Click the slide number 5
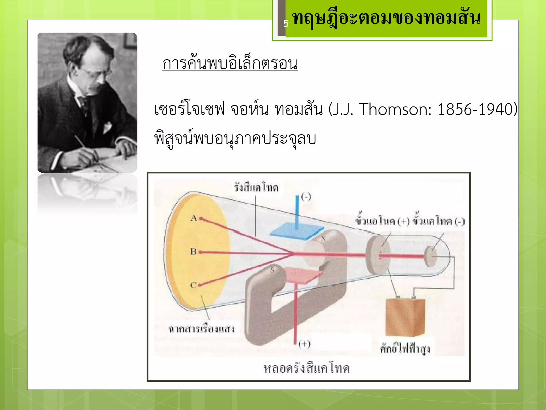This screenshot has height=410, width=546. (x=286, y=24)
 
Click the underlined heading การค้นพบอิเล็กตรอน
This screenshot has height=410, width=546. (x=230, y=64)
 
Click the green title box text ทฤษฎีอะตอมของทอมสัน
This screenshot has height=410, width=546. (x=386, y=18)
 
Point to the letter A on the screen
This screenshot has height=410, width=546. (x=194, y=218)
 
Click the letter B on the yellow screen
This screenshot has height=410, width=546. (x=193, y=251)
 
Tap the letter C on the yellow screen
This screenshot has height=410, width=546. (x=193, y=285)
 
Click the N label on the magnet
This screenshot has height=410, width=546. (x=323, y=239)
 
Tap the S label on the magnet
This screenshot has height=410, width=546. (x=272, y=270)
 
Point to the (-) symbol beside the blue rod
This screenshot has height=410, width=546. (x=306, y=197)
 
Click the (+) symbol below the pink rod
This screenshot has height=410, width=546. (x=304, y=344)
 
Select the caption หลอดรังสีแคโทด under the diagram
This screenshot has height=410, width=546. (x=306, y=368)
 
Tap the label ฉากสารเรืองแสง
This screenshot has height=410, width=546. (x=201, y=329)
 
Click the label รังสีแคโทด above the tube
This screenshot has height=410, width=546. (x=256, y=187)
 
